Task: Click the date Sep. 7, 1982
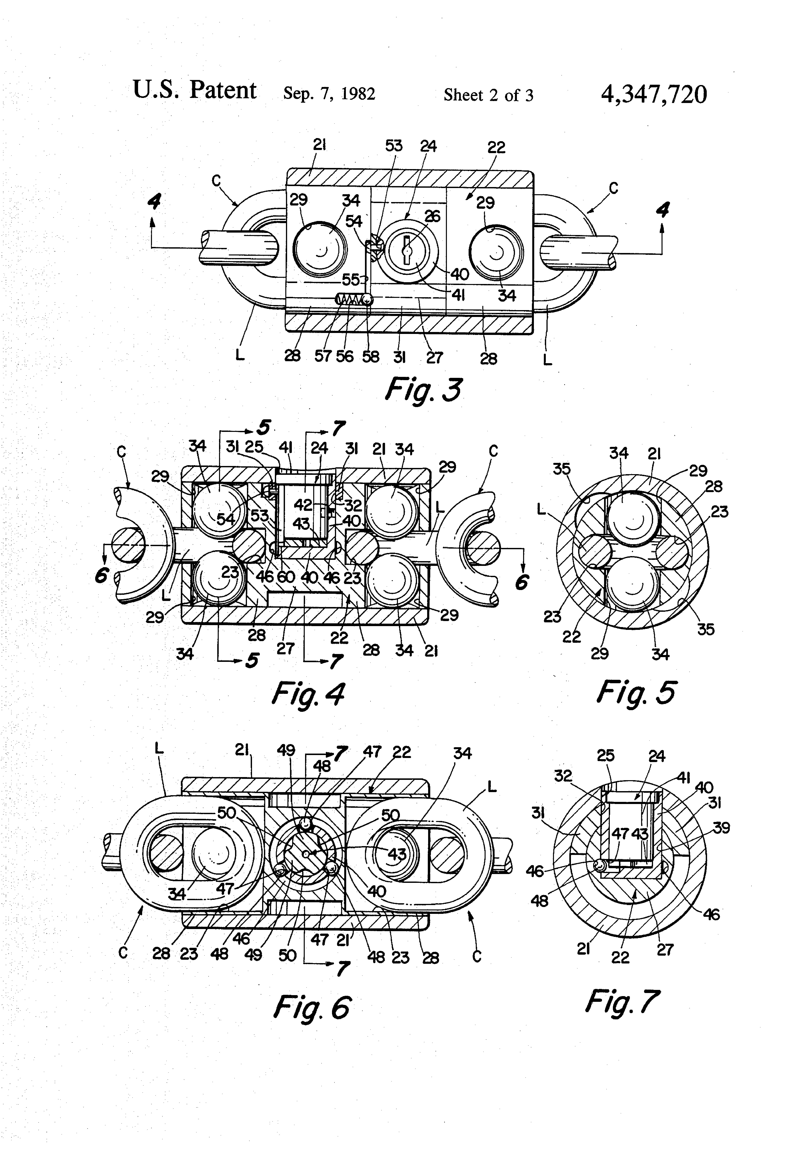click(329, 93)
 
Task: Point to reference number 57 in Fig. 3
click(323, 356)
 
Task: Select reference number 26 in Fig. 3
click(432, 216)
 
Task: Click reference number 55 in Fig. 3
click(351, 280)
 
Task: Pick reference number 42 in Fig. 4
click(303, 505)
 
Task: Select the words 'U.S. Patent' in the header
click(195, 90)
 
